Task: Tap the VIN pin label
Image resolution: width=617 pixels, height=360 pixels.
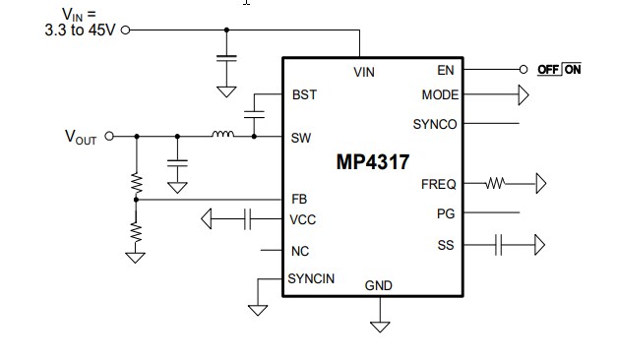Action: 364,73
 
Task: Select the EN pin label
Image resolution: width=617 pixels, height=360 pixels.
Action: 446,70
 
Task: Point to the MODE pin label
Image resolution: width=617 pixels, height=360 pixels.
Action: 439,95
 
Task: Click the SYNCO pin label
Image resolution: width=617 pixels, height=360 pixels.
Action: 435,124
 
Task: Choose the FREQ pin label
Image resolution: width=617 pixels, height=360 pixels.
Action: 438,183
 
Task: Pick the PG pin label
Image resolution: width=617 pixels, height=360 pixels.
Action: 445,212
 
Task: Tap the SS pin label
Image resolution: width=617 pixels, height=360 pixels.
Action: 445,244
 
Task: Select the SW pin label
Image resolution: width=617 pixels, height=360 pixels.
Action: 301,138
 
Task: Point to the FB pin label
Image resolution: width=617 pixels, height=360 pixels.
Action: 299,199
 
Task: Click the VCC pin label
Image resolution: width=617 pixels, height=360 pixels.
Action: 303,219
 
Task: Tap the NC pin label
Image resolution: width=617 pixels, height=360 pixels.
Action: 300,251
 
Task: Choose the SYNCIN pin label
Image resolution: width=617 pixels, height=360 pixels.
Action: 311,278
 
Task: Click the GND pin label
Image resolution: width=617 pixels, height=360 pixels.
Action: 379,285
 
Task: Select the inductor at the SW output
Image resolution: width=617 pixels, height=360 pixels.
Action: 223,135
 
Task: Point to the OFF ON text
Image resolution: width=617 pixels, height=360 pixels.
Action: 560,70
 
